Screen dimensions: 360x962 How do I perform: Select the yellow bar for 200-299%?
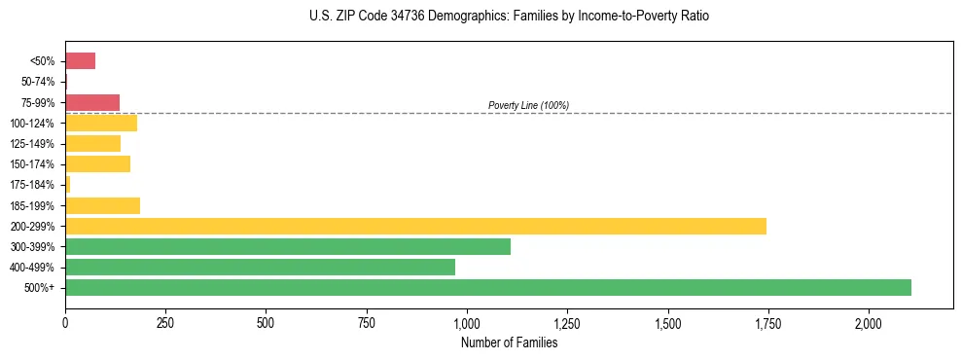click(415, 226)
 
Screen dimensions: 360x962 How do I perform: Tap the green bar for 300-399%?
click(288, 246)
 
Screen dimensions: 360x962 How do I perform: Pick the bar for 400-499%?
click(260, 267)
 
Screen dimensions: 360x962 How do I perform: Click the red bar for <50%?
click(80, 61)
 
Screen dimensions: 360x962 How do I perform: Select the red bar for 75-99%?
click(92, 102)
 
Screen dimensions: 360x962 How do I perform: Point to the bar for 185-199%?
click(102, 205)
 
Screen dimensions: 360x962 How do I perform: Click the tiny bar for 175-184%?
click(68, 184)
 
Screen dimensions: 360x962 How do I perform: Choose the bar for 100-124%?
click(101, 123)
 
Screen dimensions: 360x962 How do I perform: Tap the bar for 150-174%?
click(97, 163)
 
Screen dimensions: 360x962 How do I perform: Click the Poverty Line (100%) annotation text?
click(528, 105)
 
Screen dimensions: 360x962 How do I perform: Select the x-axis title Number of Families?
click(509, 342)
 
